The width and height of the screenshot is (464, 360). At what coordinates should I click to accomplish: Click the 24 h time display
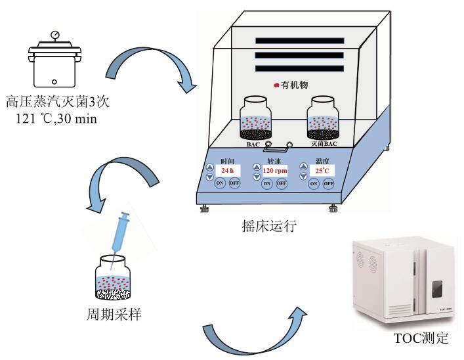228,170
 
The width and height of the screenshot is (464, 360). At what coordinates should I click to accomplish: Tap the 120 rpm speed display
276,170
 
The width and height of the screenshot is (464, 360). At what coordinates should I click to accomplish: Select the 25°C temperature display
322,170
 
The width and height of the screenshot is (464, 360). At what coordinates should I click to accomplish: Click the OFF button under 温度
328,183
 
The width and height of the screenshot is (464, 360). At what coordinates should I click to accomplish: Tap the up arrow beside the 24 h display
209,167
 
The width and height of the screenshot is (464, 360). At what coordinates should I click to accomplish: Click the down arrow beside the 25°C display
303,176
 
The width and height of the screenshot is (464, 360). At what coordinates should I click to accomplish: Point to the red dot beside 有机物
276,85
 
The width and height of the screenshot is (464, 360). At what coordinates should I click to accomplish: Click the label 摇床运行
270,227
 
